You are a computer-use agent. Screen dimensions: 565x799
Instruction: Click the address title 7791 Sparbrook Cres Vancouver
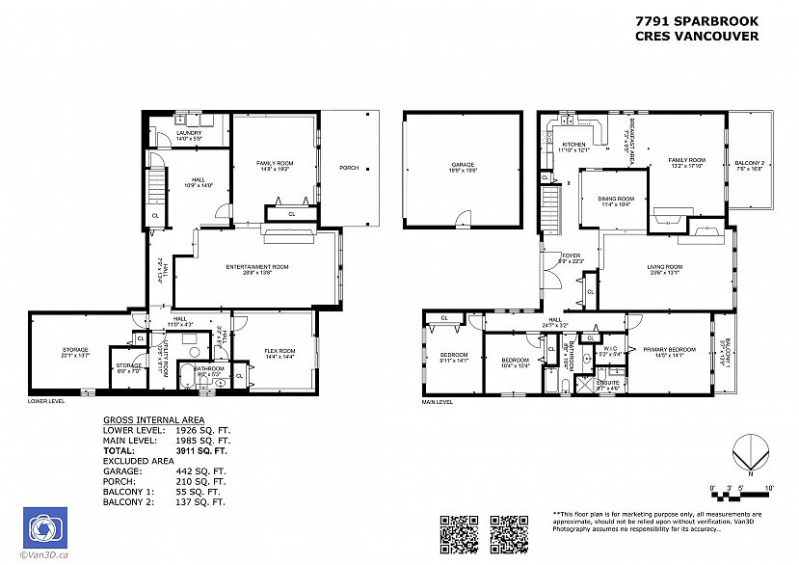pos(696,28)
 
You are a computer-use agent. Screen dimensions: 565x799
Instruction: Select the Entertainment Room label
pos(257,267)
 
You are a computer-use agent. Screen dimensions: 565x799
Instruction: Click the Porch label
pos(348,168)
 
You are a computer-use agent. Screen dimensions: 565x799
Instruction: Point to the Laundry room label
pos(188,135)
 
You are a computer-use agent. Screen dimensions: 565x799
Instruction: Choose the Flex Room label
pos(280,351)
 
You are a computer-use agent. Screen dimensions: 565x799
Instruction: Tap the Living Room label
pos(666,267)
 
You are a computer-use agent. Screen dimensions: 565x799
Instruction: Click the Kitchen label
pos(573,146)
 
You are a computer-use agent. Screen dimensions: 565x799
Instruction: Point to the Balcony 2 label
pos(749,163)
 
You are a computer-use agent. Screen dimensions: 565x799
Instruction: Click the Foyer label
pos(572,256)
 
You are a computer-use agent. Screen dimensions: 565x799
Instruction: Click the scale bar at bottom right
pos(741,493)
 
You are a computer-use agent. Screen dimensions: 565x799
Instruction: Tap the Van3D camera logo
pos(44,527)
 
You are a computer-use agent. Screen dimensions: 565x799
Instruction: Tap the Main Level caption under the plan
pos(438,402)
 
